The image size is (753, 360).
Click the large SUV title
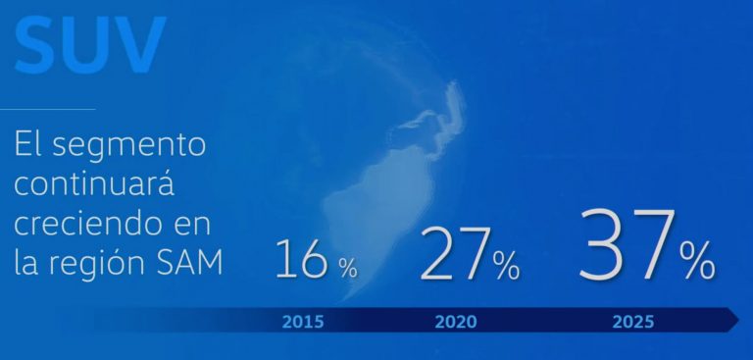tap(91, 45)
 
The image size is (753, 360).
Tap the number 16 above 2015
tap(301, 259)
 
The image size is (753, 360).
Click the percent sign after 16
tap(348, 268)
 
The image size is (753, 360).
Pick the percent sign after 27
tap(507, 266)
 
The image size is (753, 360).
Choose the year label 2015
tap(303, 322)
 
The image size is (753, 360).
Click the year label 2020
tap(456, 322)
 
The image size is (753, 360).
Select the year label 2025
tap(633, 322)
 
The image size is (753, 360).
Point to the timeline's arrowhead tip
tap(739, 320)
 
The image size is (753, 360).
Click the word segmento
tap(128, 146)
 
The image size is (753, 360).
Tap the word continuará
tap(94, 184)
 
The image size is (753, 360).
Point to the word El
tap(28, 143)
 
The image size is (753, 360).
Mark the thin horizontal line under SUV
tap(47, 109)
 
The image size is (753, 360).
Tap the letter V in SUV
tap(139, 45)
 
